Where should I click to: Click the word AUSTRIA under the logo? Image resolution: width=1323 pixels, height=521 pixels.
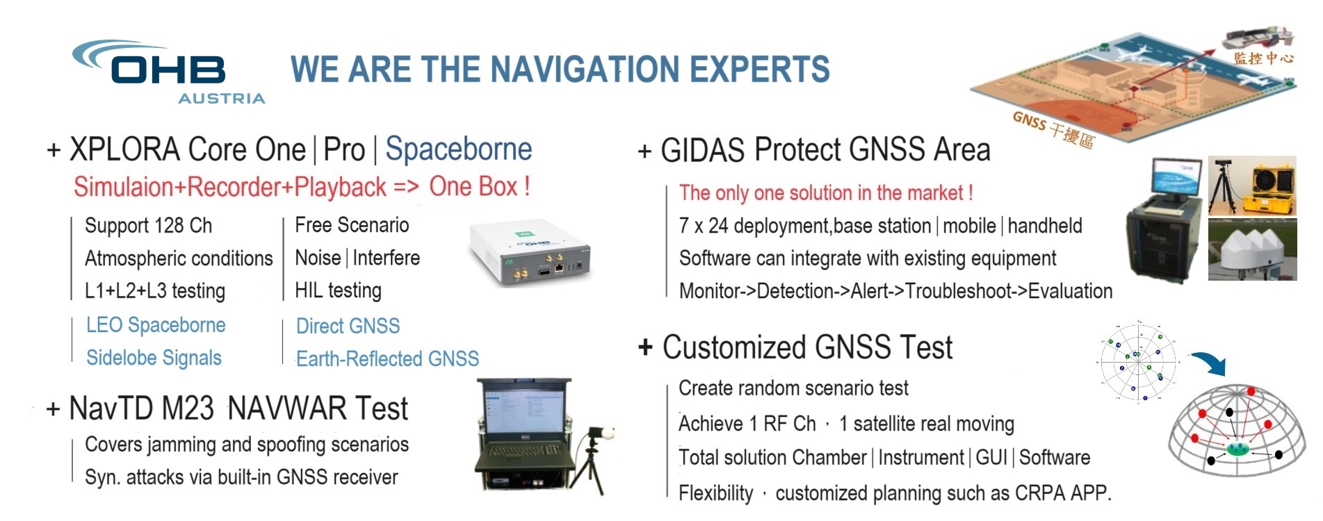point(222,99)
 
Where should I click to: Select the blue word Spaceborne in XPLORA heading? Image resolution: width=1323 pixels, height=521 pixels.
point(459,149)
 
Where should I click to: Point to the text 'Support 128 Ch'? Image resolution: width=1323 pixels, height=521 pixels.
point(148,226)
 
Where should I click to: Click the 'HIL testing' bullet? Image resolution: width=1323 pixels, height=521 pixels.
point(338,290)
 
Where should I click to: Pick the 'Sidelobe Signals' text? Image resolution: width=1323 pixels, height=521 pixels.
point(154,358)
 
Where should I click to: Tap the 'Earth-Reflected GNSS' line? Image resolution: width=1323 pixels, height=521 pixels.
point(387,358)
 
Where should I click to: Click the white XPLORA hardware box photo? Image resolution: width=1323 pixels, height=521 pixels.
point(530,254)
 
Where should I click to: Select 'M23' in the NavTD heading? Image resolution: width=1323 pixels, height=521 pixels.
point(187,408)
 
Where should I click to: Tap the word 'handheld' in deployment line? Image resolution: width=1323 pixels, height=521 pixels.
point(1045,226)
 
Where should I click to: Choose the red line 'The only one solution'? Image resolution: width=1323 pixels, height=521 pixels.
point(826,192)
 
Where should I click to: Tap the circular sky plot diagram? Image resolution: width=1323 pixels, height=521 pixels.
point(1138,361)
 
